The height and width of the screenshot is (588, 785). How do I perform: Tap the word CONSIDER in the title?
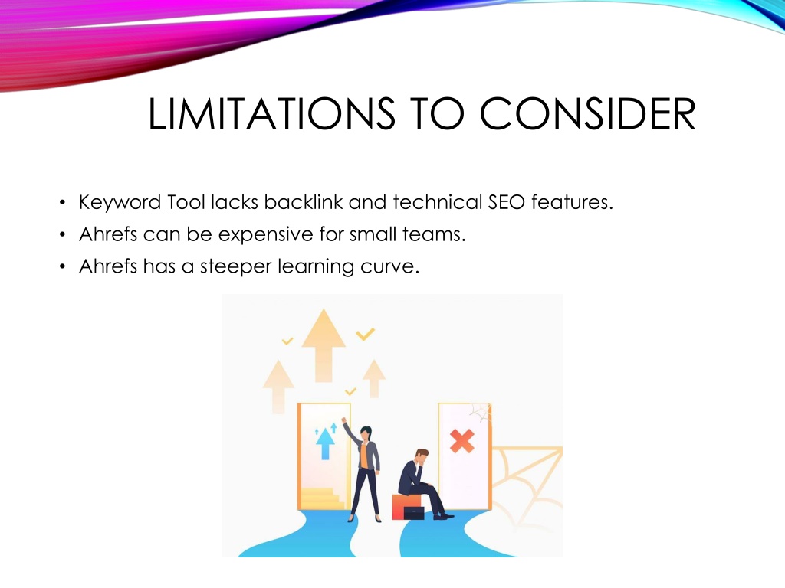588,113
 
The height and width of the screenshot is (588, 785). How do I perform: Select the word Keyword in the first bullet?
120,202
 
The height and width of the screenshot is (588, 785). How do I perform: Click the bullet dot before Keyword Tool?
62,203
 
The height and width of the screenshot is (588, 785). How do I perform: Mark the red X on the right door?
461,440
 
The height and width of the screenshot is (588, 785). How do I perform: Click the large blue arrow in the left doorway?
325,443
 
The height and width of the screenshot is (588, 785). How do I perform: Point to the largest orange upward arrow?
324,345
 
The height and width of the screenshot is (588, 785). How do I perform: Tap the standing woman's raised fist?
344,420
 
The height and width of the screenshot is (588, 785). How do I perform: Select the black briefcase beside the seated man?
413,513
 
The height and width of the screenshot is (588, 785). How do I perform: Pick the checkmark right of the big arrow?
366,334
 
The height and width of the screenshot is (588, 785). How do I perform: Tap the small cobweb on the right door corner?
480,413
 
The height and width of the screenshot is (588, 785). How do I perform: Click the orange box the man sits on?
405,506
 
